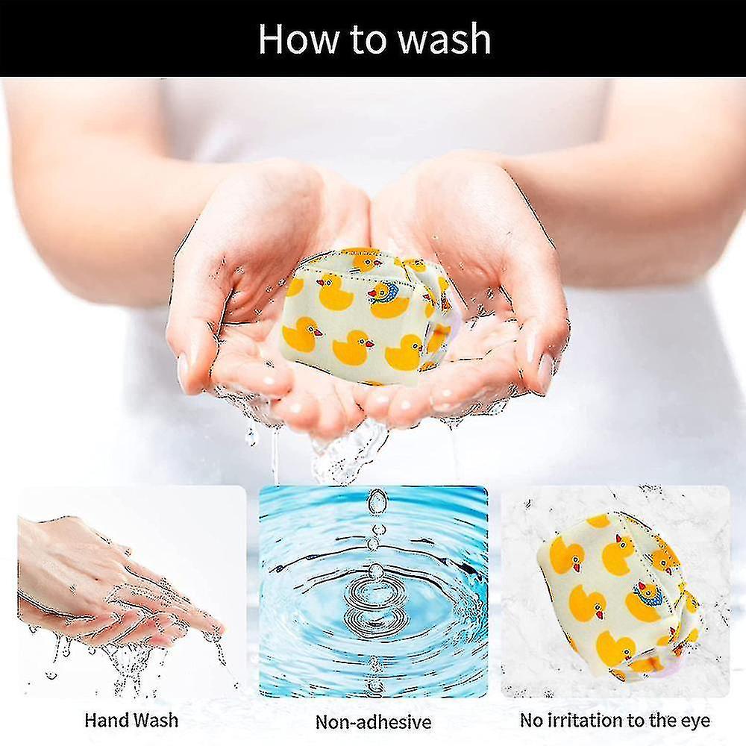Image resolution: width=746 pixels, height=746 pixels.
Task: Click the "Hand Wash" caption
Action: tap(131, 720)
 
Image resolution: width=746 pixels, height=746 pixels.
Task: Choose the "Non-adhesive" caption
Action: tap(373, 721)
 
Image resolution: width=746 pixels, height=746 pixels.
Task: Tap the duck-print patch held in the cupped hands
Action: tap(366, 317)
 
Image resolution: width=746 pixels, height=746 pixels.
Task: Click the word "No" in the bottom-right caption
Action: tap(533, 721)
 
